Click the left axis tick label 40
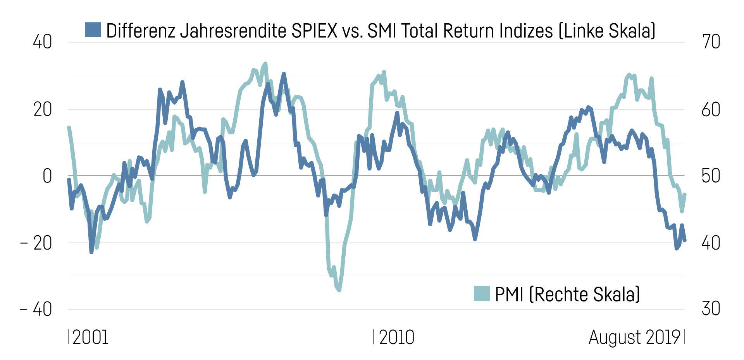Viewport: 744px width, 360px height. (42, 42)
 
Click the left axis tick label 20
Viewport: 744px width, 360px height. (42, 109)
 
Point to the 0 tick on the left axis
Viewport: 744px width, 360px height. (47, 176)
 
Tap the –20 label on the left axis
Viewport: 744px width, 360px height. (36, 243)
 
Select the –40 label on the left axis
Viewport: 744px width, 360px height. (36, 309)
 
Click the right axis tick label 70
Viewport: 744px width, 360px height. (711, 42)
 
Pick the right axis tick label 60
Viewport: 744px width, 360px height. (711, 109)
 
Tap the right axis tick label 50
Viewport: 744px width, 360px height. (711, 176)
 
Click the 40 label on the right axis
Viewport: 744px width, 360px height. (711, 243)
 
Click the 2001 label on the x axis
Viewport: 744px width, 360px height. (90, 337)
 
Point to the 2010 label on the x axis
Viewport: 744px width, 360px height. (396, 337)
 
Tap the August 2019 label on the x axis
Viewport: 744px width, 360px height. (634, 337)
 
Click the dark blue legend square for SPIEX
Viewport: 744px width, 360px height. (93, 30)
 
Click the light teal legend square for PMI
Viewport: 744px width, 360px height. (482, 293)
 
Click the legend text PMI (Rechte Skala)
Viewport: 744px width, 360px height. (567, 295)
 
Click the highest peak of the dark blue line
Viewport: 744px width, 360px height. (284, 74)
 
